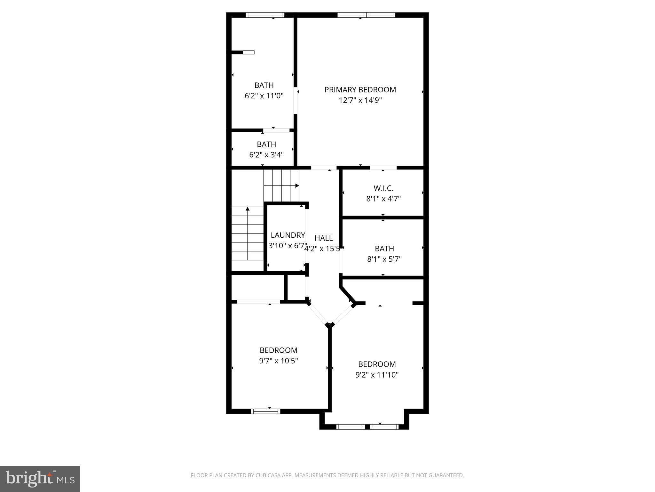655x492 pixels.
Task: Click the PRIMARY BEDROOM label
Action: click(360, 90)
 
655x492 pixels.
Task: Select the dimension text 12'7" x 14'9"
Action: click(360, 100)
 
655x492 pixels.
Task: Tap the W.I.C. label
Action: click(383, 188)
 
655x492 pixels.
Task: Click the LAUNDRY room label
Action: click(288, 235)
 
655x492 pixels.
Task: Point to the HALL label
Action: click(323, 238)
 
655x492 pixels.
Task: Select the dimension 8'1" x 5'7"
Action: click(384, 259)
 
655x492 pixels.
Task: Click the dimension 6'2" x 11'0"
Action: click(264, 96)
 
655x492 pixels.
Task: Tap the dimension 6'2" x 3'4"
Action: click(266, 155)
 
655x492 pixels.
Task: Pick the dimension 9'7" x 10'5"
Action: click(279, 361)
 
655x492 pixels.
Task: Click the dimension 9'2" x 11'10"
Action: click(377, 375)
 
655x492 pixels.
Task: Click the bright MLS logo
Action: click(40, 479)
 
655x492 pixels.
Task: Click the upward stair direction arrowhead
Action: click(247, 209)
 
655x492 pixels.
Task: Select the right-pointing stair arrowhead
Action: click(297, 185)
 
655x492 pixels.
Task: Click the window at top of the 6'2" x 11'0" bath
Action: click(265, 15)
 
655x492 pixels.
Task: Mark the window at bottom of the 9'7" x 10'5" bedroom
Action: click(265, 411)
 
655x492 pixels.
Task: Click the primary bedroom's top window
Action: click(366, 15)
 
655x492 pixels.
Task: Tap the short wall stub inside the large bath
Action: click(242, 52)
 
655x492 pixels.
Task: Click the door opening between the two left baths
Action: click(276, 130)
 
